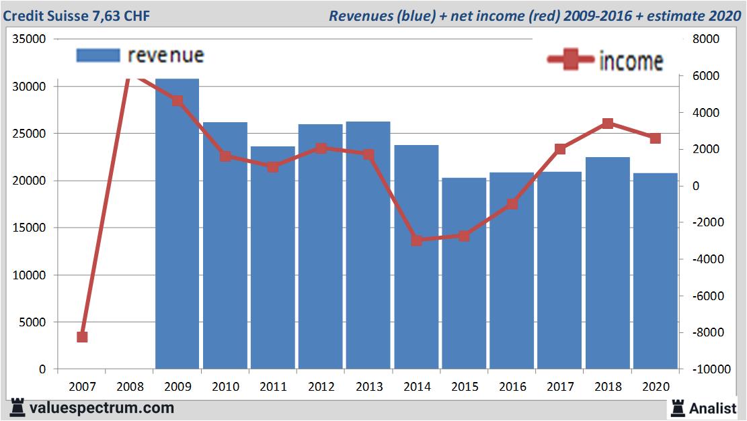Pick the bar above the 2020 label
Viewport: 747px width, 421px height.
click(x=655, y=271)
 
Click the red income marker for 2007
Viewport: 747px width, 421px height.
click(x=82, y=336)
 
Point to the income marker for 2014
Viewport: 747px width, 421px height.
click(x=416, y=240)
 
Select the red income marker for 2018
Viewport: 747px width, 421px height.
click(x=607, y=124)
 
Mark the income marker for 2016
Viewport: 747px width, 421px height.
click(x=512, y=204)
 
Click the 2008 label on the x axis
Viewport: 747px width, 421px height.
click(x=130, y=387)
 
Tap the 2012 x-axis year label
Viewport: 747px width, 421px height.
click(x=321, y=387)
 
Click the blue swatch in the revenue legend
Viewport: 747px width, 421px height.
click(x=98, y=55)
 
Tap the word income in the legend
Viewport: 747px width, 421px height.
click(x=631, y=61)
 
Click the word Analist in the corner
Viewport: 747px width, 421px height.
click(x=713, y=408)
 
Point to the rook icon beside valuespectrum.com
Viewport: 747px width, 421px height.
click(x=17, y=408)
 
